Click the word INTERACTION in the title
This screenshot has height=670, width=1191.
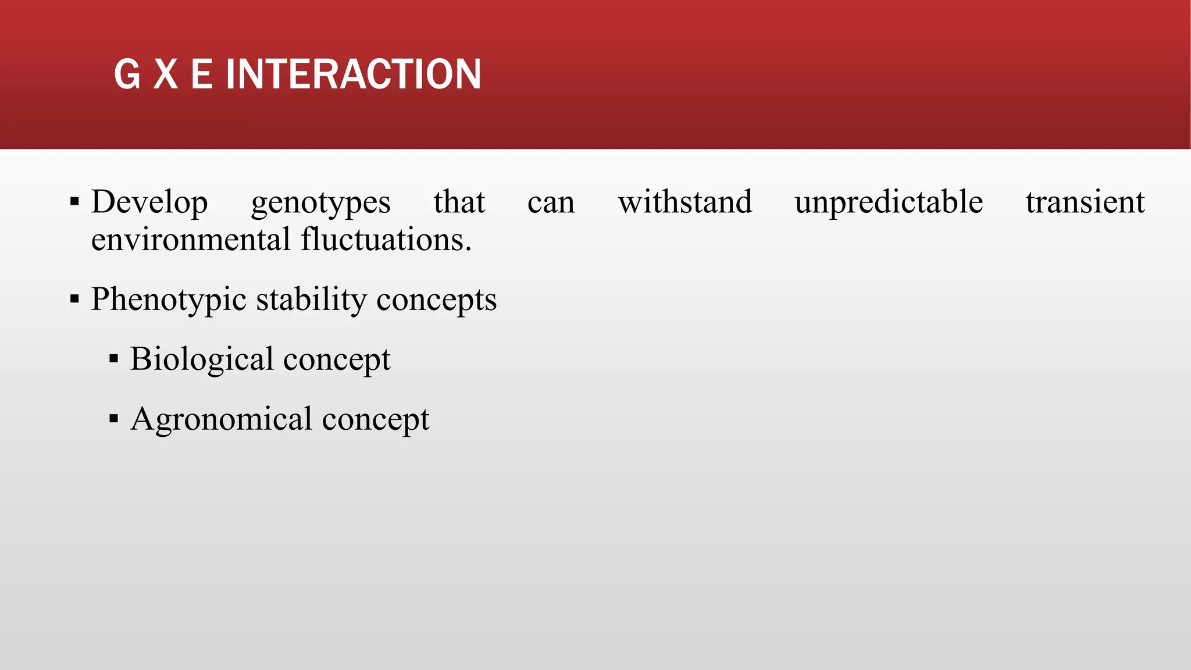[353, 74]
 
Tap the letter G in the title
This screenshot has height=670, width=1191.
[127, 74]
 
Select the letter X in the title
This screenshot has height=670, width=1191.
[166, 74]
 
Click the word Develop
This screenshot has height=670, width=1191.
[149, 202]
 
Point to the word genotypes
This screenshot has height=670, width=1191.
[320, 204]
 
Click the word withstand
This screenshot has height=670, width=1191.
[684, 202]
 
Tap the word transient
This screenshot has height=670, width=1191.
[1085, 202]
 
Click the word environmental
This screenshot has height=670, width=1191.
[191, 239]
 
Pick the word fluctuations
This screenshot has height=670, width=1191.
[386, 239]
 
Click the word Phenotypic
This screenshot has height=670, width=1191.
[169, 300]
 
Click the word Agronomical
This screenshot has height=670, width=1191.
[222, 419]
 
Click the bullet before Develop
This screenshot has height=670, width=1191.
[74, 202]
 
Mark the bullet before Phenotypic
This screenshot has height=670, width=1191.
[74, 300]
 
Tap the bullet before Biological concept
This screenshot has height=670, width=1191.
[113, 359]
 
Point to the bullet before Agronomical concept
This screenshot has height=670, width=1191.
[113, 418]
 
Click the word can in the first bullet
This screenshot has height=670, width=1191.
[551, 203]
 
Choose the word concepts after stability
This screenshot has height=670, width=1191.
[436, 301]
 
